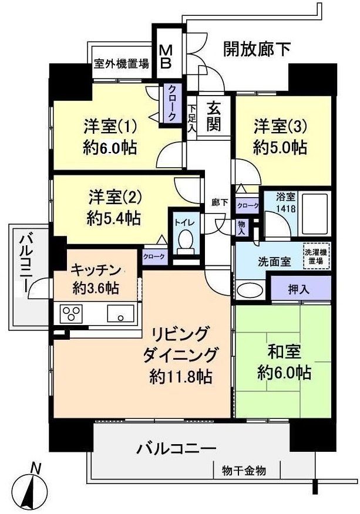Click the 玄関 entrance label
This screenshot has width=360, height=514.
coord(213,116)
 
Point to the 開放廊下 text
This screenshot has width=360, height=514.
coord(257,50)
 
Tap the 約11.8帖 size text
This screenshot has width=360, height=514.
coord(181,375)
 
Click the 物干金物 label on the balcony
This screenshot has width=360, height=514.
coord(244,470)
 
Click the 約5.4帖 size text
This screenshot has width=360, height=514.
coord(114,218)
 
